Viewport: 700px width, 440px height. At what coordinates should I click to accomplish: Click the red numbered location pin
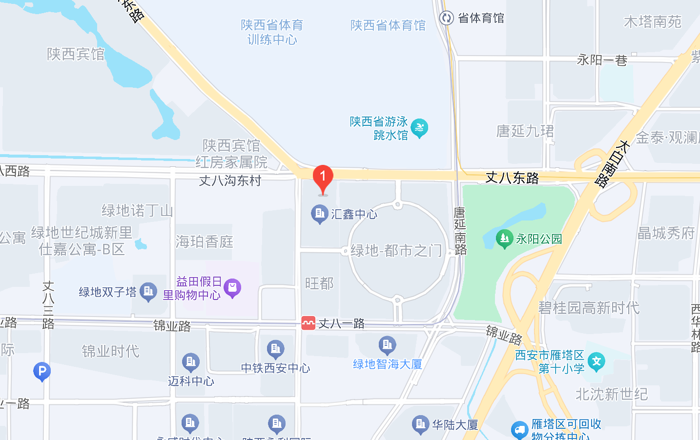pyautogui.click(x=323, y=179)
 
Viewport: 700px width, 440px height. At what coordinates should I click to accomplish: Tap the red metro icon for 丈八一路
pyautogui.click(x=309, y=323)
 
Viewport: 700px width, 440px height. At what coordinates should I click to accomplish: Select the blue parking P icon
pyautogui.click(x=42, y=371)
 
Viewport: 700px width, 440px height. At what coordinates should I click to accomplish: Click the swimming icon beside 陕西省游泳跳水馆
pyautogui.click(x=419, y=128)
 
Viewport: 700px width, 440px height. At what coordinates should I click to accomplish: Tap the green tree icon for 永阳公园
pyautogui.click(x=504, y=239)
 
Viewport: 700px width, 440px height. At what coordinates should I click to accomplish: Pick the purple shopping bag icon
pyautogui.click(x=232, y=288)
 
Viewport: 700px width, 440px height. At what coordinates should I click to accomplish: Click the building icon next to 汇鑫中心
pyautogui.click(x=319, y=214)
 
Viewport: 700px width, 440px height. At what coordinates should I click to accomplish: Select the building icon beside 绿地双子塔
pyautogui.click(x=148, y=292)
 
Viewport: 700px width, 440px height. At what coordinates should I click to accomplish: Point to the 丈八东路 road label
pyautogui.click(x=512, y=178)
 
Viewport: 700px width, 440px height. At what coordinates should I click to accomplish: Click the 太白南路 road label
pyautogui.click(x=610, y=164)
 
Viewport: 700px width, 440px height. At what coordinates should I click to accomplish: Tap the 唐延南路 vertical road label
pyautogui.click(x=460, y=231)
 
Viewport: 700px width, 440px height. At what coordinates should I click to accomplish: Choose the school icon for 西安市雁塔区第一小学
pyautogui.click(x=596, y=361)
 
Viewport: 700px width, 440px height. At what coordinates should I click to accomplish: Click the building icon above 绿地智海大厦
pyautogui.click(x=387, y=345)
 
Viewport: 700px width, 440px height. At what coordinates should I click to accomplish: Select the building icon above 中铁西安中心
pyautogui.click(x=275, y=349)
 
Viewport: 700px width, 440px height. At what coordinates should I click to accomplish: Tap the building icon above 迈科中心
pyautogui.click(x=190, y=362)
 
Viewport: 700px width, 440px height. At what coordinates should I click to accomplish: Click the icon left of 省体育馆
pyautogui.click(x=446, y=18)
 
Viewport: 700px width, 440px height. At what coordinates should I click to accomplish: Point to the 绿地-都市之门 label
pyautogui.click(x=396, y=251)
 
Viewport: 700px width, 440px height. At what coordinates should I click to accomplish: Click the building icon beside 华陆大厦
pyautogui.click(x=420, y=424)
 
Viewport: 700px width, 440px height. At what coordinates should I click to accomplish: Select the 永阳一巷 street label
pyautogui.click(x=602, y=60)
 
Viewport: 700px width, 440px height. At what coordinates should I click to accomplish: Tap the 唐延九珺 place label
pyautogui.click(x=525, y=131)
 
